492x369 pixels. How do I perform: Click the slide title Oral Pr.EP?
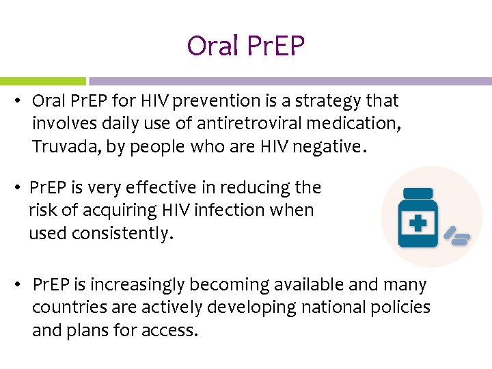pyautogui.click(x=245, y=46)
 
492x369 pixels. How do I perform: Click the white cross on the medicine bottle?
pyautogui.click(x=418, y=223)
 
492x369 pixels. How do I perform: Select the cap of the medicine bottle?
pyautogui.click(x=418, y=193)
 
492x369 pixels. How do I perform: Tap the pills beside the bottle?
pyautogui.click(x=457, y=236)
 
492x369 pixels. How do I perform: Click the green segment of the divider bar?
pyautogui.click(x=42, y=81)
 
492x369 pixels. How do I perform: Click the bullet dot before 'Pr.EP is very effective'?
pyautogui.click(x=20, y=188)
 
